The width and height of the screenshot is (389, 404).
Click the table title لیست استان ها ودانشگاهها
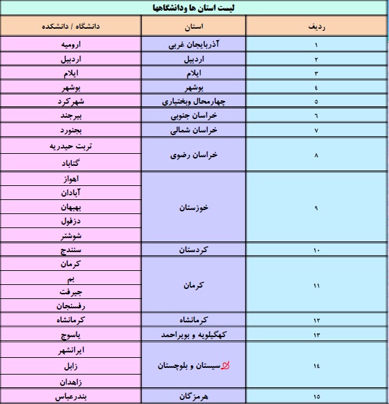pos(194,7)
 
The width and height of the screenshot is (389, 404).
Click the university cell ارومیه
pos(70,45)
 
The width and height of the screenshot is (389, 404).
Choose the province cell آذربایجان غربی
pos(195,45)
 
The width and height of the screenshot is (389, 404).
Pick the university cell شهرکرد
pos(70,102)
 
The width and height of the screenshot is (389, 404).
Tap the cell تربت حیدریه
pos(70,146)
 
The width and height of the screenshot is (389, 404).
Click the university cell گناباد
pos(70,163)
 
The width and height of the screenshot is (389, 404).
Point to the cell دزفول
pos(70,221)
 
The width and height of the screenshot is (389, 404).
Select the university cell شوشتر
pos(70,235)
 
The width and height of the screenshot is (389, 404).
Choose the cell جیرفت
pos(70,292)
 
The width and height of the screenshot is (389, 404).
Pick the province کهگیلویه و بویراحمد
pos(195,334)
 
